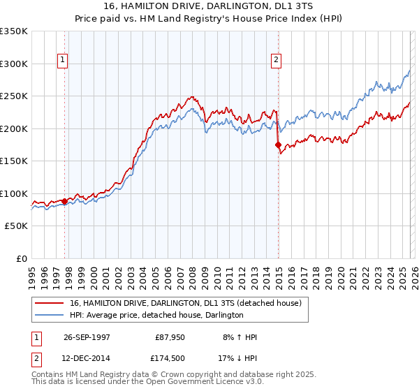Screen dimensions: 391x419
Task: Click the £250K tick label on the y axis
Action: [x=14, y=96]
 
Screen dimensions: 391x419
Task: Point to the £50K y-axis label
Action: [x=16, y=226]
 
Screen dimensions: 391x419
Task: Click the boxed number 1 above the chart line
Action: [x=63, y=61]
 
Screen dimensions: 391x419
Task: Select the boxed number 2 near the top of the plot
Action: [x=277, y=61]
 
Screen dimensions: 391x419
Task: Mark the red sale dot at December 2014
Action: [x=278, y=145]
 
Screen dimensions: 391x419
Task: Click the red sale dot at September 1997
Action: [x=65, y=201]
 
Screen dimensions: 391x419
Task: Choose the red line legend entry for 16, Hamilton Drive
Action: [x=185, y=303]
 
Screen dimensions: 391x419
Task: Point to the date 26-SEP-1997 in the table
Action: [x=87, y=337]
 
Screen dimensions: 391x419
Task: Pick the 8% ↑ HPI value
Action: [x=240, y=337]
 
